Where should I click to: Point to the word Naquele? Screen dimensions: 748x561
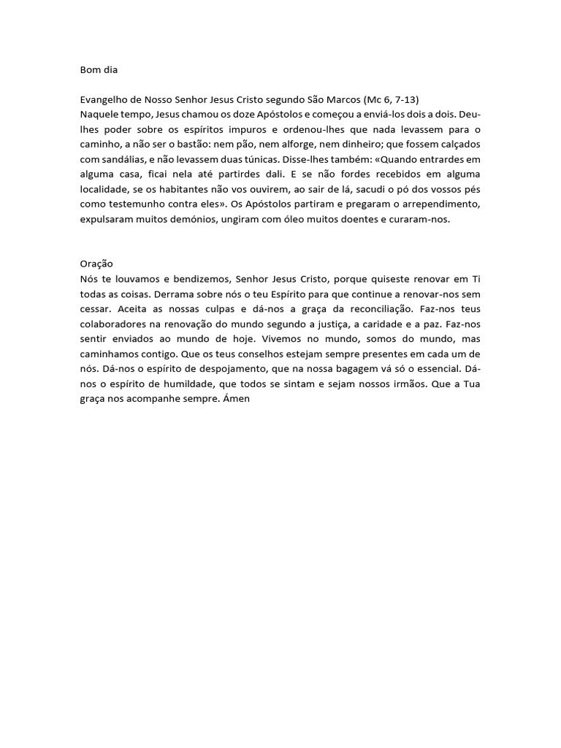[x=100, y=115]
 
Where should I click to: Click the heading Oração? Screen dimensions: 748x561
[x=96, y=263]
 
